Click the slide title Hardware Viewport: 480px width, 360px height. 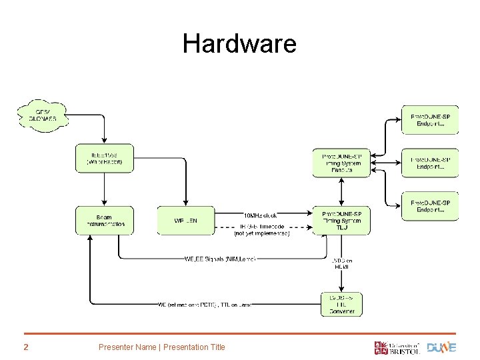tap(239, 44)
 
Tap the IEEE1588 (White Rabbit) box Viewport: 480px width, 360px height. tap(105, 158)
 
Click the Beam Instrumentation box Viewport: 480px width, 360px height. tap(105, 220)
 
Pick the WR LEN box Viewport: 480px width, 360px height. tap(185, 220)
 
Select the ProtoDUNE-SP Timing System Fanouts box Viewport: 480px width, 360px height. tap(341, 162)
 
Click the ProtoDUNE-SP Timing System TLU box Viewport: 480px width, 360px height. tap(341, 220)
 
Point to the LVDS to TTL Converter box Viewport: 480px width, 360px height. tap(341, 303)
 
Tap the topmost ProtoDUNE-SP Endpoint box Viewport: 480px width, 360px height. tap(430, 120)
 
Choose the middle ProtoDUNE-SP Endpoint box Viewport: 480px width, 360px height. tap(430, 163)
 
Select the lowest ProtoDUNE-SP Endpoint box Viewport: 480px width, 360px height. tap(430, 206)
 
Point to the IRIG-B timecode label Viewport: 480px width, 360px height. tap(261, 229)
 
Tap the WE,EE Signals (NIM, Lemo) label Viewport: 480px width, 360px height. tap(219, 258)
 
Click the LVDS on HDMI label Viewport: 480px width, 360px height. tap(341, 263)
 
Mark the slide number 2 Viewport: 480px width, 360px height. tap(25, 347)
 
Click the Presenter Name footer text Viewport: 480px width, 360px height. tap(161, 347)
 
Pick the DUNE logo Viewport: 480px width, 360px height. tap(441, 347)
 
